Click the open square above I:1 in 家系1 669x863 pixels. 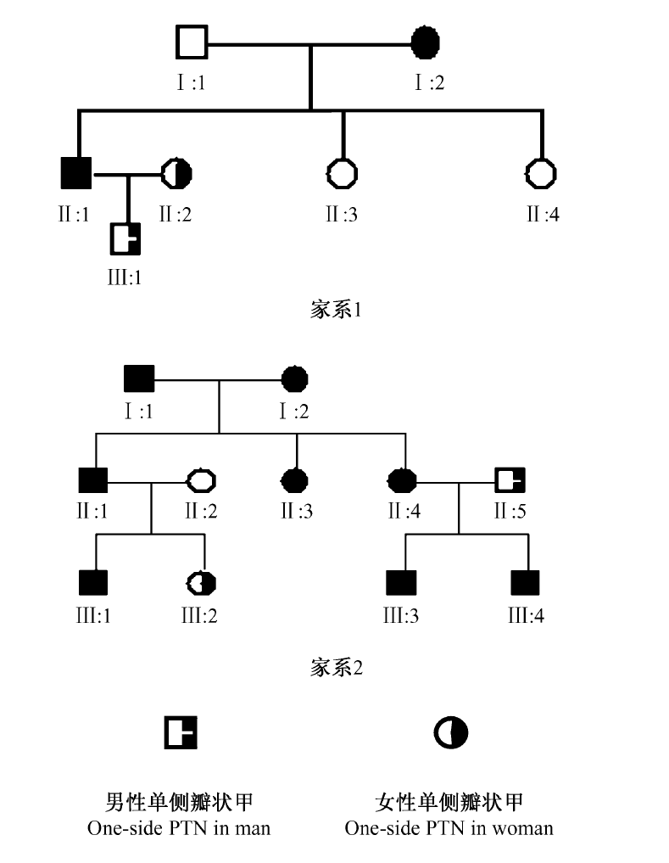point(192,41)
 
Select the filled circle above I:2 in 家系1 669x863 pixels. point(426,41)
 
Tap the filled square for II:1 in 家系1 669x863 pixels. point(76,174)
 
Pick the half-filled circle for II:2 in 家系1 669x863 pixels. point(176,174)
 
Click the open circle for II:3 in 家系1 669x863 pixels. point(342,174)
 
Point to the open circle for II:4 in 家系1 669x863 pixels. point(542,174)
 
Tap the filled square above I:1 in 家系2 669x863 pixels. point(138,379)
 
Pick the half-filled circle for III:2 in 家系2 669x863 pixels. point(202,583)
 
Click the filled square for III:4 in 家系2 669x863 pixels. point(526,583)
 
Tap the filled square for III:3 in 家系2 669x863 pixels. point(402,583)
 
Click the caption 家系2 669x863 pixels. point(337,668)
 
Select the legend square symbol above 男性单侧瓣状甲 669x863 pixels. point(181,731)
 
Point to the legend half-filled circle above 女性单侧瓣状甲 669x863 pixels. point(450,731)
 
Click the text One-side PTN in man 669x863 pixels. point(179,827)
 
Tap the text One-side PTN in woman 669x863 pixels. point(449,827)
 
